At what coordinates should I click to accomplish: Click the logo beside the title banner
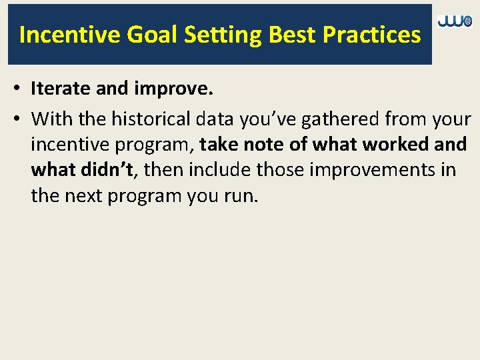tap(455, 22)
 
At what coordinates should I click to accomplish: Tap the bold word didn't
tap(107, 170)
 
